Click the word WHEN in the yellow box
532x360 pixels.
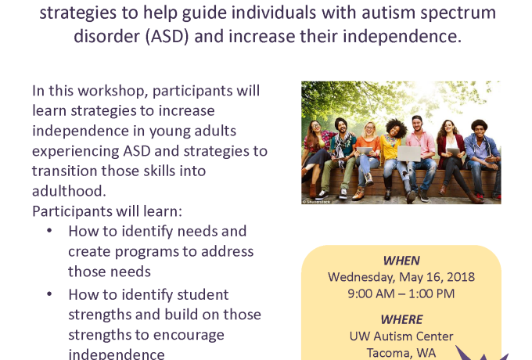(x=401, y=261)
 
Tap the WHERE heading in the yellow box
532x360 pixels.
(x=401, y=319)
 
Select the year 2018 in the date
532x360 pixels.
(x=461, y=277)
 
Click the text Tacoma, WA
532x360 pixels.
(x=401, y=353)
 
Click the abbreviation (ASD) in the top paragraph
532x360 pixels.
(x=167, y=36)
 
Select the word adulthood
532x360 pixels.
(x=69, y=191)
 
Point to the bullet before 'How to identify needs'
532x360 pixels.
(x=49, y=231)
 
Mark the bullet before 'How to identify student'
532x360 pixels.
(x=49, y=293)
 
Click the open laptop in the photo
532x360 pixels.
(x=409, y=153)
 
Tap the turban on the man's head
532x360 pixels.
(x=341, y=123)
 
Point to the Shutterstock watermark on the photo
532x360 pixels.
(x=316, y=202)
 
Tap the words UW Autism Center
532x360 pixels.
(x=401, y=337)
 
